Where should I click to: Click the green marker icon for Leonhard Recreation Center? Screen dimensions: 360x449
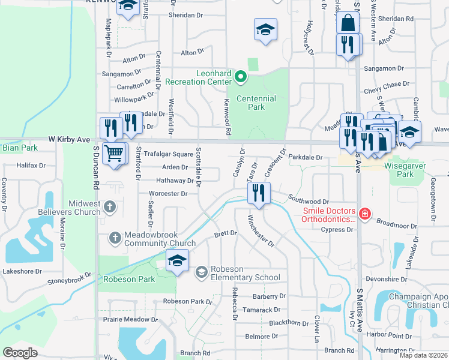pyautogui.click(x=241, y=76)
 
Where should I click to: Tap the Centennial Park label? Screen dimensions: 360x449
pyautogui.click(x=256, y=103)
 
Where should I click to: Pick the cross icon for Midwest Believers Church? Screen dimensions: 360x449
pyautogui.click(x=109, y=208)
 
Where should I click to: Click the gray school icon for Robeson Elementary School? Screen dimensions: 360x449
pyautogui.click(x=201, y=272)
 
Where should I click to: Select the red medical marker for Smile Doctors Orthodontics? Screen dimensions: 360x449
pyautogui.click(x=364, y=214)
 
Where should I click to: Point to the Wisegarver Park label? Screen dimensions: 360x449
pyautogui.click(x=405, y=170)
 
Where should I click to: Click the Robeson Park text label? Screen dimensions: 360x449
pyautogui.click(x=128, y=279)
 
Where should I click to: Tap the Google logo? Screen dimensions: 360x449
pyautogui.click(x=20, y=353)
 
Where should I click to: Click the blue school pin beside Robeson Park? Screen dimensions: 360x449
pyautogui.click(x=178, y=260)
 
